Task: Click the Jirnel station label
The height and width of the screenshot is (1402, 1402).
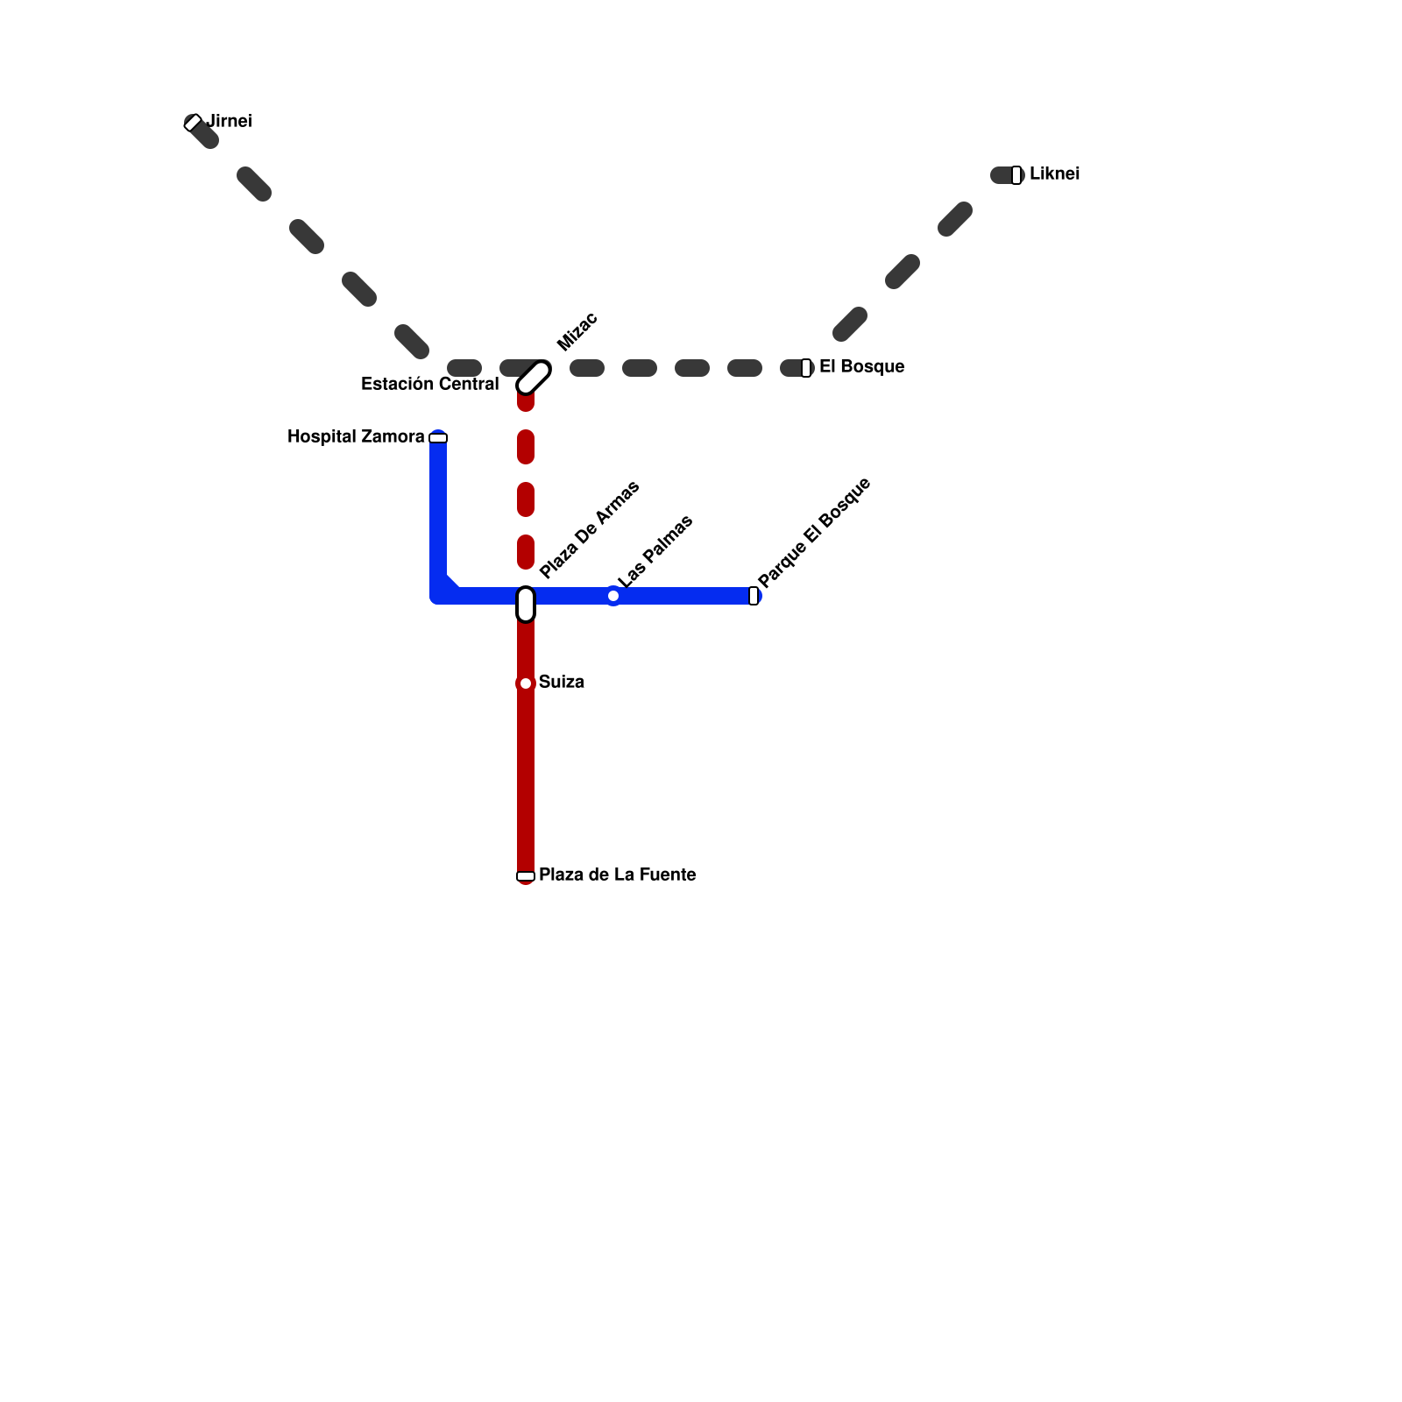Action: coord(230,122)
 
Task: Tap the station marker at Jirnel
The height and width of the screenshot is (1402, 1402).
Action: coord(194,123)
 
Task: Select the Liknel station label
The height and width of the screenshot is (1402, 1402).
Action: coord(1054,174)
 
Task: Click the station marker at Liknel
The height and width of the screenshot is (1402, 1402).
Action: coord(1016,175)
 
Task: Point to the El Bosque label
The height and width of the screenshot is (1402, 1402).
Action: coord(861,367)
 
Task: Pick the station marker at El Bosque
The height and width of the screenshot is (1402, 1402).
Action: coord(806,368)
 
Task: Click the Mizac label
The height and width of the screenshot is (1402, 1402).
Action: coord(577,332)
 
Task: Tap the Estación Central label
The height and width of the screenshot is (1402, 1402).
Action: coord(429,385)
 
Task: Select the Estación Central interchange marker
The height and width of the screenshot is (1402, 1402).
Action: coord(534,378)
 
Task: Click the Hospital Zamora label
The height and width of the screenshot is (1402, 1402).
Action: coord(356,437)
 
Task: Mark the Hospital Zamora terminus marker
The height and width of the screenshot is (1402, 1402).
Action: coord(438,438)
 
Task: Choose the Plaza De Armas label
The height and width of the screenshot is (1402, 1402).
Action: coord(590,530)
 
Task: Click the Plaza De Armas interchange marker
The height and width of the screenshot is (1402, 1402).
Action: coord(526,605)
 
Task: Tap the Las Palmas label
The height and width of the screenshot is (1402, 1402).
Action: coord(655,551)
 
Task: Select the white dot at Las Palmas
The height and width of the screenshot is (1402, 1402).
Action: coord(613,596)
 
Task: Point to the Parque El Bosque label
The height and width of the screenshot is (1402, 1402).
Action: coord(814,533)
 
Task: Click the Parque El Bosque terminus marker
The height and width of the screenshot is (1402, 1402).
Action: coord(754,596)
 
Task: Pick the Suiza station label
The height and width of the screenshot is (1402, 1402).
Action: coord(561,683)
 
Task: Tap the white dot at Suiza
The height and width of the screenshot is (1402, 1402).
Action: coord(526,683)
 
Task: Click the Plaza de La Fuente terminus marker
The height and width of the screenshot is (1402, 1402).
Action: coord(526,876)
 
